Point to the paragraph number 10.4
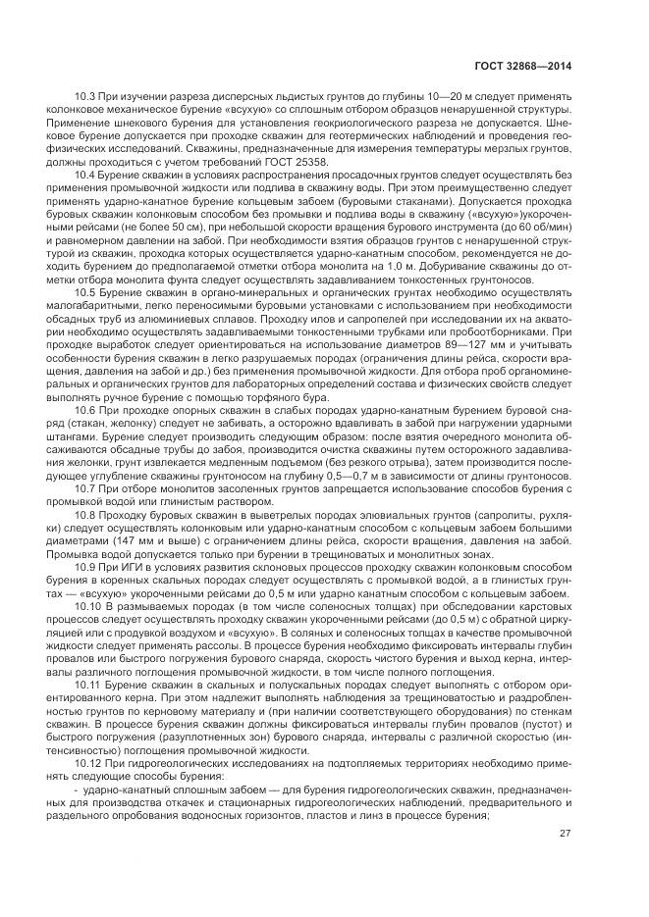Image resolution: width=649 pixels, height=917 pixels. point(84,174)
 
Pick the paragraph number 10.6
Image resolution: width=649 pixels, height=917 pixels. point(84,406)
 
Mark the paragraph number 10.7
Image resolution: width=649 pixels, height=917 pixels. point(84,487)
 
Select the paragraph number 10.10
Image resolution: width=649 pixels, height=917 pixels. point(86,605)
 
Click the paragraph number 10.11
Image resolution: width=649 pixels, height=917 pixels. point(86,687)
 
